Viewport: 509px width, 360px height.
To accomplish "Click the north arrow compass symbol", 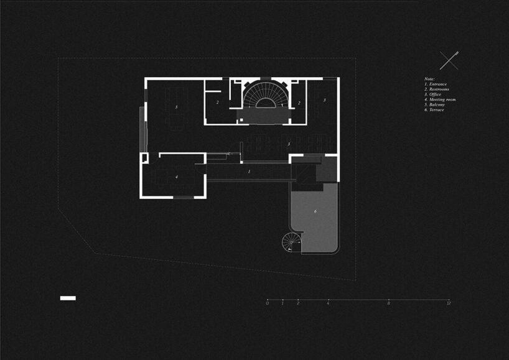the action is coord(449,60).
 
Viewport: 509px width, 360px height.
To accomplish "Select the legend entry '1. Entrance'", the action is coord(436,84).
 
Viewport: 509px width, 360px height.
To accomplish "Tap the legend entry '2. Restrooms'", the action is coord(437,90).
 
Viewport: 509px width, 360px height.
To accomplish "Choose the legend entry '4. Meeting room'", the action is coord(440,99).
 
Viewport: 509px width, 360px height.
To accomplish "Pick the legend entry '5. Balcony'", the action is coord(434,104).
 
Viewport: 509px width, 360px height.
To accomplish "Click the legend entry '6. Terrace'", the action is coord(434,109).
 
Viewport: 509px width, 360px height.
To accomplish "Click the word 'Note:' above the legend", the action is coord(429,79).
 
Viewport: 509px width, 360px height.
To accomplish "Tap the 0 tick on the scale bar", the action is coord(267,300).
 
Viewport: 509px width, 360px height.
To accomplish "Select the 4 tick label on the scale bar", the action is coord(328,303).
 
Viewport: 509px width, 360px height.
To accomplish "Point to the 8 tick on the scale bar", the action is coord(388,300).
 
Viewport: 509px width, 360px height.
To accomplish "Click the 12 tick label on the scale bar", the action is coord(449,303).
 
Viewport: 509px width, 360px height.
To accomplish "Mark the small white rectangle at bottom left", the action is coord(68,298).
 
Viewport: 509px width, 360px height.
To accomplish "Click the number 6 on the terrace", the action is coord(315,212).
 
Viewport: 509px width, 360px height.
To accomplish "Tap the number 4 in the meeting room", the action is coord(177,177).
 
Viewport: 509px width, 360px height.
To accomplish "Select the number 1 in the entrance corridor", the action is coord(249,170).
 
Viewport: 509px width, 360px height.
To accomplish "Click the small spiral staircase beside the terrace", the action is coord(291,242).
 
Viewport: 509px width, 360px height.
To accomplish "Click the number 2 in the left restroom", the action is coord(218,102).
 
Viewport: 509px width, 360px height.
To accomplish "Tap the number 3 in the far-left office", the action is coord(176,108).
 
